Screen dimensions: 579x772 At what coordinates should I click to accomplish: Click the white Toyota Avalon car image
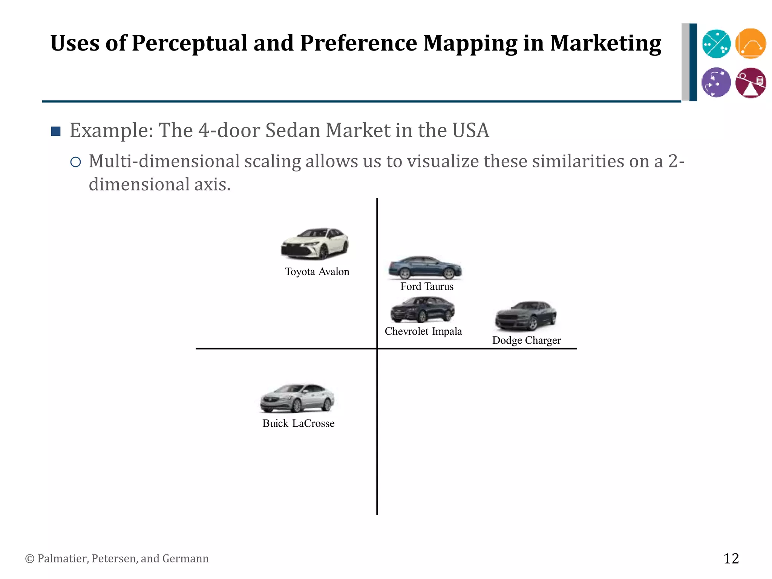[x=315, y=244]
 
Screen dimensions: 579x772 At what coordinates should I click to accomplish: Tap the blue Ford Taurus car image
[x=425, y=267]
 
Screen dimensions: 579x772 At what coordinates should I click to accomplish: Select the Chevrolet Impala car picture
[x=423, y=309]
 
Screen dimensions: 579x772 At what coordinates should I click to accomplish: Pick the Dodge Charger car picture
[x=525, y=316]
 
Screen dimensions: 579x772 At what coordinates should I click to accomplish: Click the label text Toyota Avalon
[x=317, y=272]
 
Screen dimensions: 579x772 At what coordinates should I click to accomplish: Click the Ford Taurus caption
[x=427, y=286]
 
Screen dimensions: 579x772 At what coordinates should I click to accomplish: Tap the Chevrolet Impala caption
[x=423, y=331]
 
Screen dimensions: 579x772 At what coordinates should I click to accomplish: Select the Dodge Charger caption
[x=526, y=340]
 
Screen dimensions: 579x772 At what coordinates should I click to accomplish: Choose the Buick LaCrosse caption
[x=298, y=423]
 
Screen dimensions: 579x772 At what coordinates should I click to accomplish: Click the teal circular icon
[x=716, y=44]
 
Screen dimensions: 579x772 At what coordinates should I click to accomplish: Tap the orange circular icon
[x=751, y=44]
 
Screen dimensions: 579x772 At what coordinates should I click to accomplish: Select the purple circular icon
[x=716, y=82]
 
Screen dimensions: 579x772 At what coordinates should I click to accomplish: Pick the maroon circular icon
[x=751, y=83]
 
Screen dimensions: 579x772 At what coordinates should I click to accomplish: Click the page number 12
[x=731, y=558]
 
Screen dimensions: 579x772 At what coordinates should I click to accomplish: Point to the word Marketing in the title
[x=605, y=43]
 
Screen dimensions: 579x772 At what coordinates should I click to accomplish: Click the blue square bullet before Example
[x=56, y=131]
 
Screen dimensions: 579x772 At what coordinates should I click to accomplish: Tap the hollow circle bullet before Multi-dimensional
[x=76, y=162]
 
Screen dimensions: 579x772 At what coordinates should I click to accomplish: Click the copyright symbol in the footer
[x=29, y=559]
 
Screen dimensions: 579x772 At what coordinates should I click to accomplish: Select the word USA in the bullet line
[x=470, y=130]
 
